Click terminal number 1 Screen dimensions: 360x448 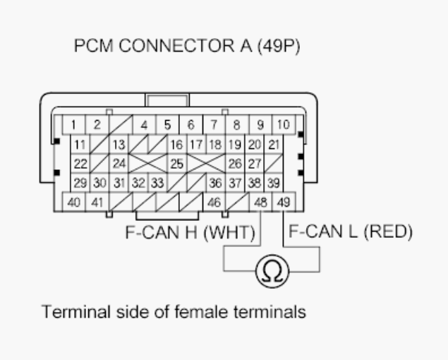coord(73,126)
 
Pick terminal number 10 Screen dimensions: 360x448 coord(283,126)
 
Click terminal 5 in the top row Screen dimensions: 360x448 coord(167,126)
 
